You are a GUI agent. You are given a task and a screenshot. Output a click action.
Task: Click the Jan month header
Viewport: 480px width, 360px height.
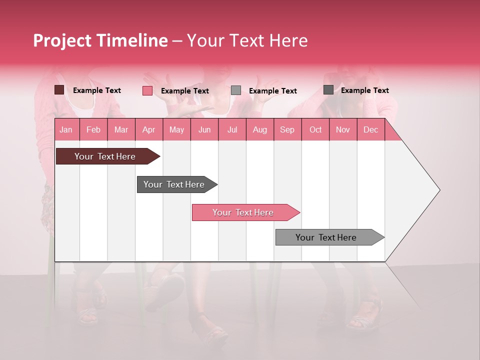coord(66,129)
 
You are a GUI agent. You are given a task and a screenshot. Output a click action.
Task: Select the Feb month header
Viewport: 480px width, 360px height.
coord(93,129)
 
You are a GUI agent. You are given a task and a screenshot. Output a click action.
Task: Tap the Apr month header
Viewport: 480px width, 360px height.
coord(148,129)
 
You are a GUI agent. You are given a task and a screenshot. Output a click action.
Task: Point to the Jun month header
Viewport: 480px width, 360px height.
coord(204,129)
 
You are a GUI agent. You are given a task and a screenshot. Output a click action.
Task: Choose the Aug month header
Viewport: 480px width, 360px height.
coord(259,129)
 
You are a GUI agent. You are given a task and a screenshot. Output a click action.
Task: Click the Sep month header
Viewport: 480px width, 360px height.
coord(287,129)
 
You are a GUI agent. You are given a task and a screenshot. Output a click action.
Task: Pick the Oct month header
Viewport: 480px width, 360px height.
coord(315,129)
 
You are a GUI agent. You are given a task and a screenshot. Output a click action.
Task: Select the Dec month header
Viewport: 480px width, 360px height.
coord(370,129)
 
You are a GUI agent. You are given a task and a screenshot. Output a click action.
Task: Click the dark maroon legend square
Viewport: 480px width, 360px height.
coord(59,90)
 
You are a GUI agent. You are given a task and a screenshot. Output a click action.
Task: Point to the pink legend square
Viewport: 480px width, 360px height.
coord(147,90)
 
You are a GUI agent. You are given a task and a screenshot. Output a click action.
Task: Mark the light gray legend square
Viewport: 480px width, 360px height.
coord(236,90)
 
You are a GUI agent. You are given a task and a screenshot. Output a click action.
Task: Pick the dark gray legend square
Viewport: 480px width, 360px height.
coord(328,90)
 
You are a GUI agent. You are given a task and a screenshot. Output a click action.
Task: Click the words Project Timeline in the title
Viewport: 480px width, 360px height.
coord(100,40)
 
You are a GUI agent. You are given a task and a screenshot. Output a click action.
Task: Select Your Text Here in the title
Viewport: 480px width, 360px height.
coord(247,40)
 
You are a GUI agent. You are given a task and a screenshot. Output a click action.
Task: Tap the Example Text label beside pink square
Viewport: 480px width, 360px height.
coord(184,91)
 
